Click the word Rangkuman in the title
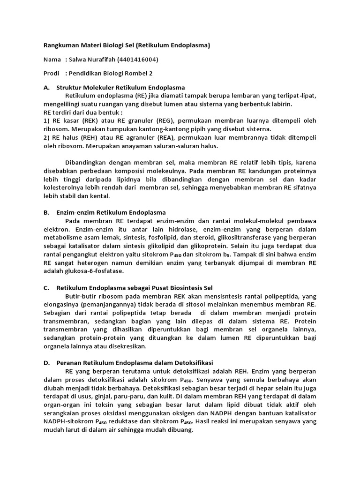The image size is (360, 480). click(59, 45)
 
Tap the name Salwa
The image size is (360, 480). click(78, 60)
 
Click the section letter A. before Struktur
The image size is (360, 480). click(46, 87)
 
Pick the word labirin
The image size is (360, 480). click(281, 104)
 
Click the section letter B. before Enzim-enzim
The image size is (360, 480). click(46, 212)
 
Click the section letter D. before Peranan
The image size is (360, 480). click(46, 362)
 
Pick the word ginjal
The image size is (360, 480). click(100, 405)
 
